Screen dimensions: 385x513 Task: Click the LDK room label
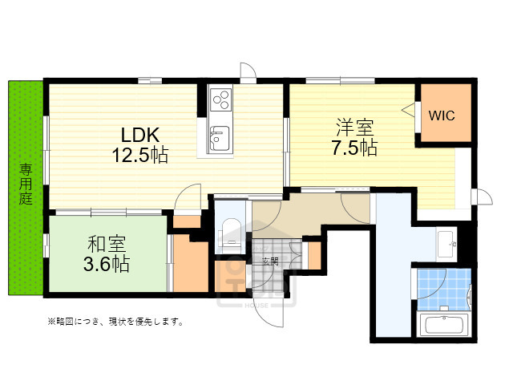145,134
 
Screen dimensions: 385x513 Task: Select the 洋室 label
354,128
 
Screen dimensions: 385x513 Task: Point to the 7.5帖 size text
354,148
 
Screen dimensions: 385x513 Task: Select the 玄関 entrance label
269,261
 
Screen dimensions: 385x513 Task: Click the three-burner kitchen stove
220,100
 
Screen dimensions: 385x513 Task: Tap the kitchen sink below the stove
219,136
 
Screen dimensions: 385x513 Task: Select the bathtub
443,326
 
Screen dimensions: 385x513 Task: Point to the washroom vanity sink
446,242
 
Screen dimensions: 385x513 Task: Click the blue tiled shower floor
442,290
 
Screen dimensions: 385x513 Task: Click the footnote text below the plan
115,322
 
